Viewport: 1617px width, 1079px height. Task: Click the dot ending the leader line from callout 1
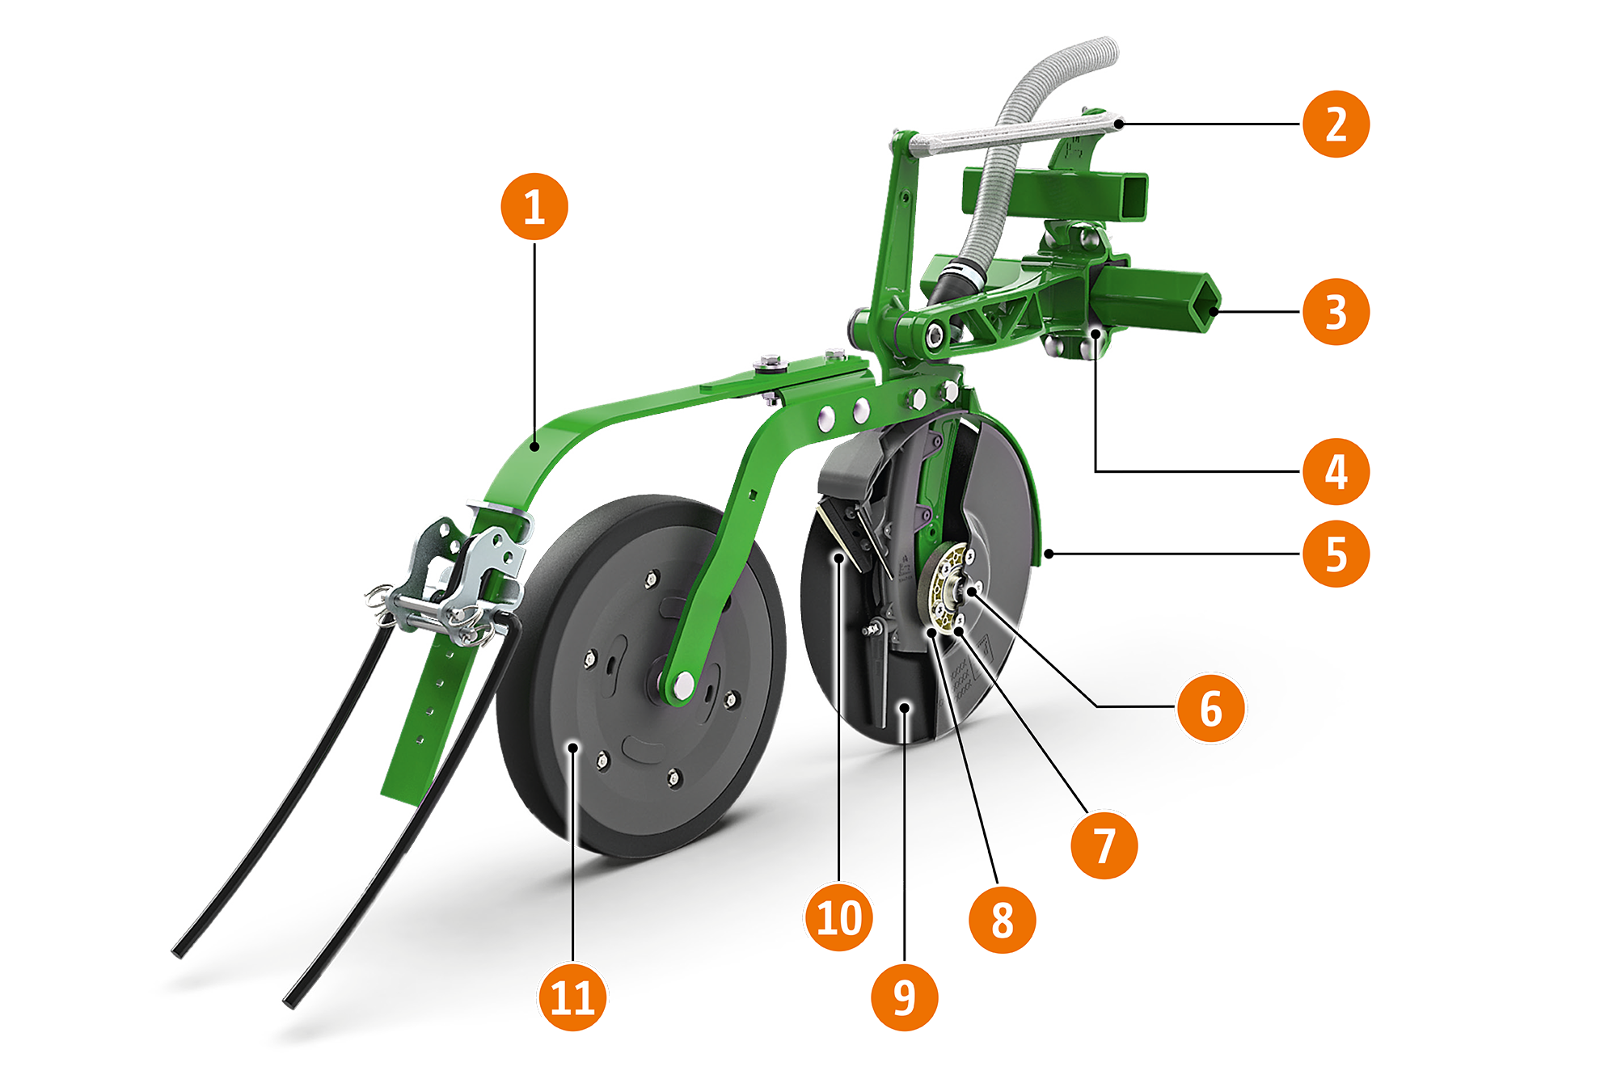coord(534,445)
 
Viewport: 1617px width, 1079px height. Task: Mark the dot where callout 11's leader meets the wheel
coord(572,748)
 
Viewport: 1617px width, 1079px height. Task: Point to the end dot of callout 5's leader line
coord(1049,554)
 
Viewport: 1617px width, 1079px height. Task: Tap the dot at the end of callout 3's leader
coord(1214,311)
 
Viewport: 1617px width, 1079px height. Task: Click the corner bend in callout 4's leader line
coord(1096,470)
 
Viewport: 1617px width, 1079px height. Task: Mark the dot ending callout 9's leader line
coord(906,707)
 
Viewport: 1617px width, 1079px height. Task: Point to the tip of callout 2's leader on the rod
coord(1118,124)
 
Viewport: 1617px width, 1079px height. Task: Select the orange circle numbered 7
coord(1104,845)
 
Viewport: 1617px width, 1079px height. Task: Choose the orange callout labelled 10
coord(839,917)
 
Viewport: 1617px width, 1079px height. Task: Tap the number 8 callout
coord(1003,919)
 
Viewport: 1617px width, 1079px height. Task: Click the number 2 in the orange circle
coord(1336,124)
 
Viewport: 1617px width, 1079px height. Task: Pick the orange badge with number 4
coord(1336,471)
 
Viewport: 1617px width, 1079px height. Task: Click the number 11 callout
coord(572,997)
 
